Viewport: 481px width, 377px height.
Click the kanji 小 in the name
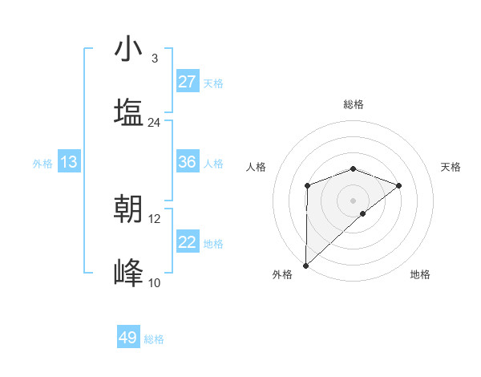point(128,50)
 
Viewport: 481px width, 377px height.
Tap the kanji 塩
point(128,112)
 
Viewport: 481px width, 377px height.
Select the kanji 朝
point(128,209)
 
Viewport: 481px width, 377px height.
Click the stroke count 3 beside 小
point(154,59)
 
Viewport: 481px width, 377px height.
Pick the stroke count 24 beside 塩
point(154,123)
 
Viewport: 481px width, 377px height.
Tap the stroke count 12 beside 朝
point(155,218)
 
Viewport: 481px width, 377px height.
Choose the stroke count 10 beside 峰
point(155,282)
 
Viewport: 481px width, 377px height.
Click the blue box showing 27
point(188,82)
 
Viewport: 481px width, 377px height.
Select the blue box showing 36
point(188,162)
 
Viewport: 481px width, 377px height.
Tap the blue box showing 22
point(188,242)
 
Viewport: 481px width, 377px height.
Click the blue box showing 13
point(69,162)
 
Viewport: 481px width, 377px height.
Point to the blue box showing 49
point(128,338)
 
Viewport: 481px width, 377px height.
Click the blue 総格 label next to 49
point(154,339)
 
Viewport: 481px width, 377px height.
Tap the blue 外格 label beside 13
point(42,164)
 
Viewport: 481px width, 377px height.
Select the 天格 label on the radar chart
point(451,167)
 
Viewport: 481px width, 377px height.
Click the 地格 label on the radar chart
point(420,274)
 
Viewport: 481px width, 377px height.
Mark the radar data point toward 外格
point(306,266)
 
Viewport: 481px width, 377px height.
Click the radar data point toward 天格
point(399,186)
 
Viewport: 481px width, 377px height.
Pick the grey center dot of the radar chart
point(353,200)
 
